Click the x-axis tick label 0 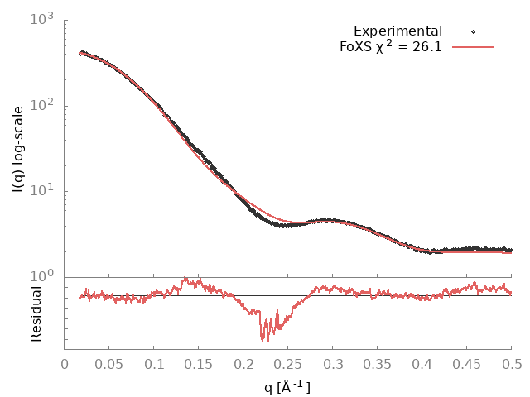[65, 363]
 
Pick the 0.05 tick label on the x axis [109, 363]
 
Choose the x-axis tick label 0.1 [154, 363]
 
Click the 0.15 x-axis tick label [199, 363]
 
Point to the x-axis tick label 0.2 [243, 363]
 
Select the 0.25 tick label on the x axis [288, 363]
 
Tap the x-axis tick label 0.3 [333, 363]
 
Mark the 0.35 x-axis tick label [378, 363]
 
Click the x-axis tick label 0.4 [422, 363]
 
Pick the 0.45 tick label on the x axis [467, 363]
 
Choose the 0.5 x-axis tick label [511, 363]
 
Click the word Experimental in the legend [397, 31]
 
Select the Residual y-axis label [36, 313]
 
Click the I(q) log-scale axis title [18, 149]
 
